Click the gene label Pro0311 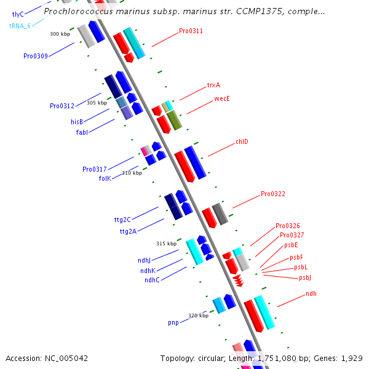click(191, 31)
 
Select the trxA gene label click(213, 85)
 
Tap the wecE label click(222, 98)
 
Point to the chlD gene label click(242, 142)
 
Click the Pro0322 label click(273, 194)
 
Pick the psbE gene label click(291, 245)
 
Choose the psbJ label click(305, 278)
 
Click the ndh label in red click(311, 294)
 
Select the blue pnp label click(173, 322)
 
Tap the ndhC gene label click(152, 280)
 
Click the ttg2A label click(129, 232)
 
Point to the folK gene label click(105, 178)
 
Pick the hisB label click(77, 122)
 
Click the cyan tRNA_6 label click(20, 26)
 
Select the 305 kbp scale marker click(97, 103)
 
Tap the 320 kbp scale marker click(198, 315)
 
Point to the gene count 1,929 click(352, 358)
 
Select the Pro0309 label click(36, 56)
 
